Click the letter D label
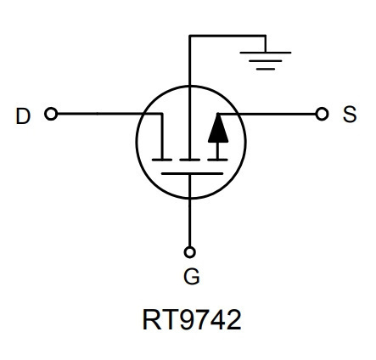pos(23,115)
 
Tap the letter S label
pos(350,114)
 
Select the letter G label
pos(192,276)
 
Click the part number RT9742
pos(192,319)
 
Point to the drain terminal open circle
pos(51,114)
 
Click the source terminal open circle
pos(322,114)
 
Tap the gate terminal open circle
pos(189,252)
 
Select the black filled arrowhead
pos(218,128)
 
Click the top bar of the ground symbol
pos(266,53)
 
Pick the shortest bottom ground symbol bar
pos(266,69)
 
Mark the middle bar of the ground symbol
pos(266,60)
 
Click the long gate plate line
pos(192,173)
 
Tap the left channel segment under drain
pos(162,160)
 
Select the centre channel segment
pos(190,160)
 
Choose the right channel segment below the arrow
pos(217,160)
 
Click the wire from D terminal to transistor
pos(110,114)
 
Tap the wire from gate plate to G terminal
pos(189,210)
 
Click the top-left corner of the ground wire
pos(189,36)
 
